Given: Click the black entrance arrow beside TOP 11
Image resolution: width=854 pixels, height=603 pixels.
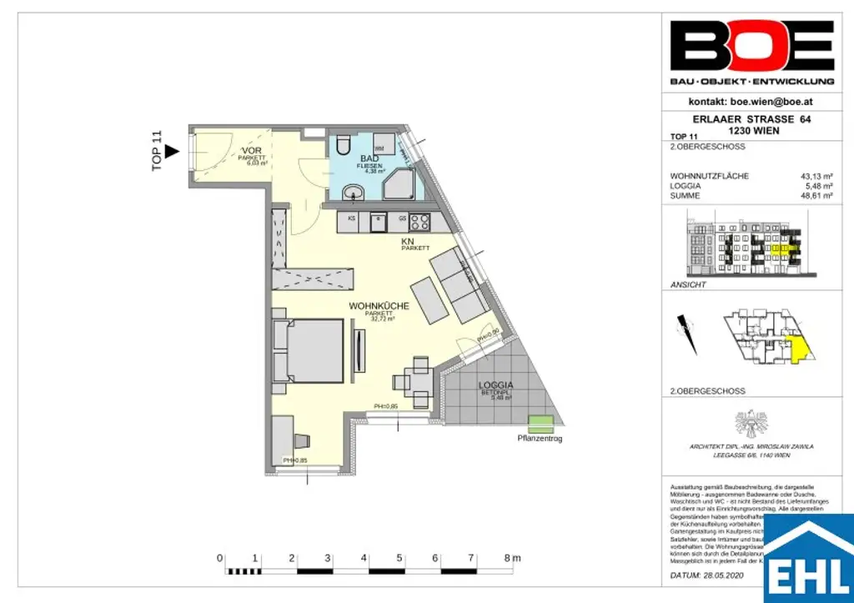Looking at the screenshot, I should [x=172, y=151].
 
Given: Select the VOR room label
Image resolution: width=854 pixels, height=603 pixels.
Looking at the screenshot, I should [x=251, y=149].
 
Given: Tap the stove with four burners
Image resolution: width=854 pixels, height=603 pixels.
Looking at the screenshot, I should [x=417, y=222].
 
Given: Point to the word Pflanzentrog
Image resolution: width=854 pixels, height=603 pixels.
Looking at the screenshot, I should [x=540, y=438].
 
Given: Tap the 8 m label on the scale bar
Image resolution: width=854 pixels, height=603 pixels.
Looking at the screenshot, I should [x=511, y=557].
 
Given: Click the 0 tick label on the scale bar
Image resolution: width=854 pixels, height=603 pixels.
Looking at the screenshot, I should [x=219, y=557].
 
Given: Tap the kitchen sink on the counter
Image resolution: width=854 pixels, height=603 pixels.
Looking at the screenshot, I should [x=378, y=222].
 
